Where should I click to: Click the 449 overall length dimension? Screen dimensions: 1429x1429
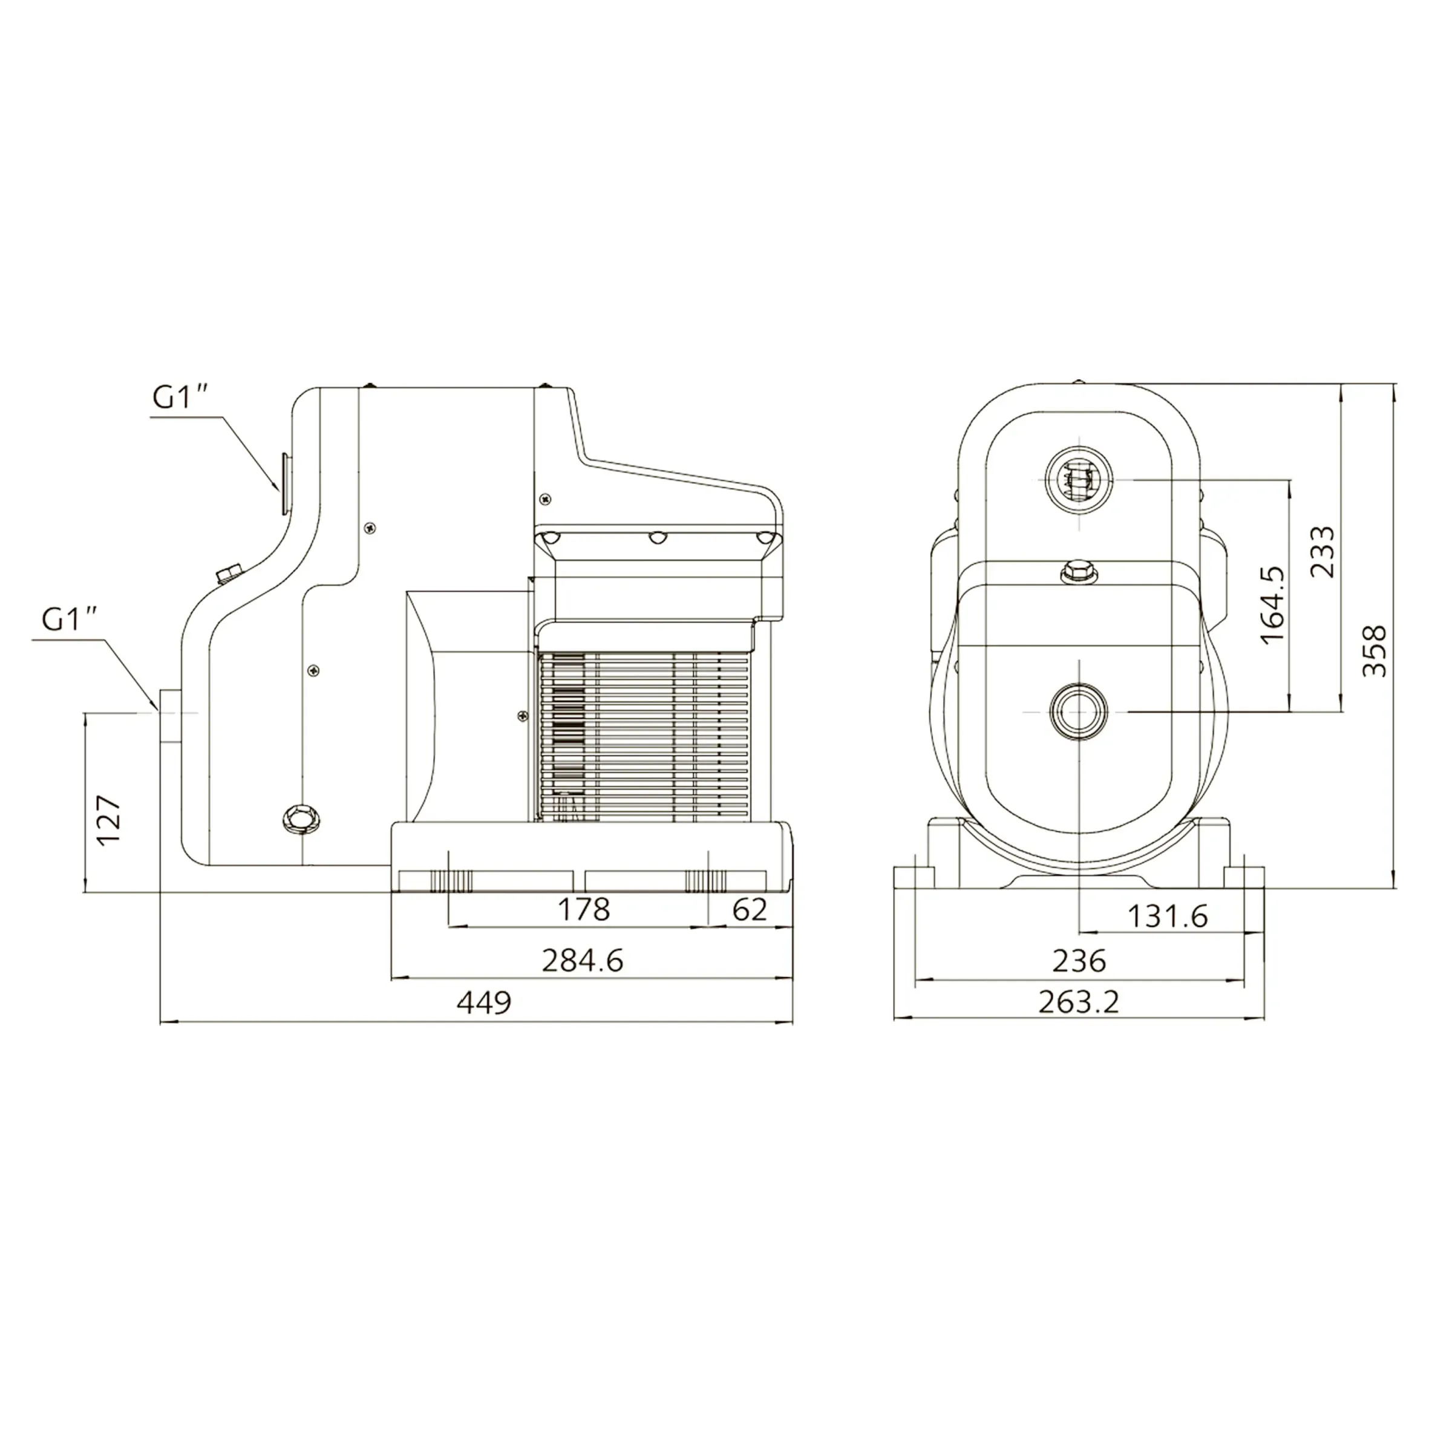[x=484, y=1003]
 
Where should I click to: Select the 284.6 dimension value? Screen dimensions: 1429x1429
[x=583, y=961]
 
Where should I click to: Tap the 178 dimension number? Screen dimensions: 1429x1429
[x=584, y=910]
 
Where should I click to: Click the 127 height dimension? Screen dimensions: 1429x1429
[x=109, y=820]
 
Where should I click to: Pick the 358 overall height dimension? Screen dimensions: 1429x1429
[x=1375, y=651]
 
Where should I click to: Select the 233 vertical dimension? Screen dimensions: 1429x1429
[x=1322, y=551]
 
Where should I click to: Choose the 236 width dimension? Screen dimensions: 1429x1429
[x=1079, y=961]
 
